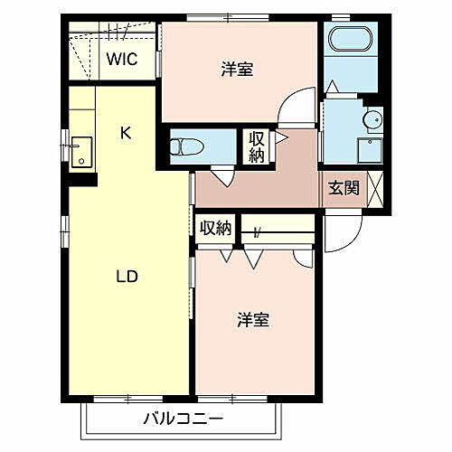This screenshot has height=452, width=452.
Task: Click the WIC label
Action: pos(120,60)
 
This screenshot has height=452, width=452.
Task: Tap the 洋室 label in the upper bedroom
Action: pos(237,70)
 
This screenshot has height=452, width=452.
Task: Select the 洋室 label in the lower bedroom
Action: pos(252,320)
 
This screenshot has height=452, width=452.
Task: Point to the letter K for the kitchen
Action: pos(127,134)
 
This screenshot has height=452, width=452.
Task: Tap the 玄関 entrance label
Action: pos(344,188)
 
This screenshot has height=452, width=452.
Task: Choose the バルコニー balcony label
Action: pos(182,419)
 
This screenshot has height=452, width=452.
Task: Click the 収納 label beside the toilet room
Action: pos(257,146)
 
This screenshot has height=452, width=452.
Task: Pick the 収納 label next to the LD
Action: pos(216,228)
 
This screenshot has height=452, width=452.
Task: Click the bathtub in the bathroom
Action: pos(349,42)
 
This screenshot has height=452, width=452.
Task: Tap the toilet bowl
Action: pos(184,145)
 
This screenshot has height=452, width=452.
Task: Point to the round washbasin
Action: pos(371,121)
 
